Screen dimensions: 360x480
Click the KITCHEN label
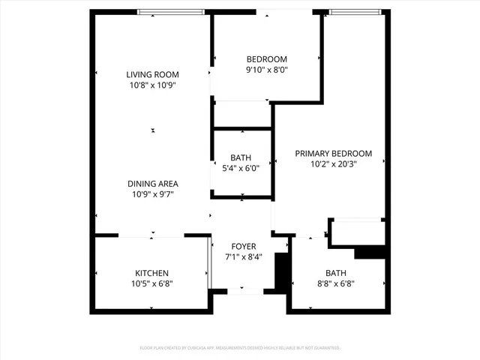point(151,273)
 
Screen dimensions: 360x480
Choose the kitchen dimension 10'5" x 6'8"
point(151,283)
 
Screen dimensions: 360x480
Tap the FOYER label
point(243,246)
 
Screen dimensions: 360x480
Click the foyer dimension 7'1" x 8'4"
point(243,256)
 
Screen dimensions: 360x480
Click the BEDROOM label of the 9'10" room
point(266,59)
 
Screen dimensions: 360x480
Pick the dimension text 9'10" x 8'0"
point(266,70)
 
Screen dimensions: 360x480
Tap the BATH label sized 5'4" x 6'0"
point(241,157)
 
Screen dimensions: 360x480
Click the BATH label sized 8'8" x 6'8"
point(336,273)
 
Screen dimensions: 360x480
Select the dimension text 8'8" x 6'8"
point(336,283)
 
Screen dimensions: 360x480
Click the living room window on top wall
point(171,11)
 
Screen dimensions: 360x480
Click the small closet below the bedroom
point(241,114)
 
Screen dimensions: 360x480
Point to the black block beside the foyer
point(282,273)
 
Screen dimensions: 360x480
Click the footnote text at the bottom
point(240,348)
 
